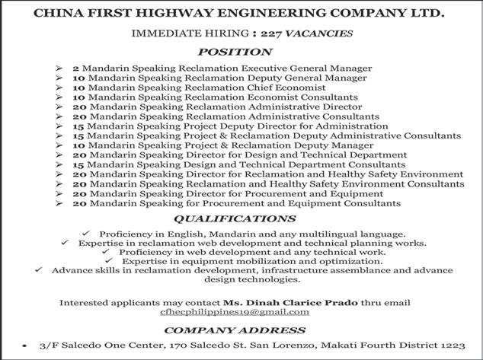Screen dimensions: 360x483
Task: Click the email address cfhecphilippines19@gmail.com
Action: [x=234, y=311]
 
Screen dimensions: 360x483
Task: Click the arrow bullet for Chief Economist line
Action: [x=59, y=88]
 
